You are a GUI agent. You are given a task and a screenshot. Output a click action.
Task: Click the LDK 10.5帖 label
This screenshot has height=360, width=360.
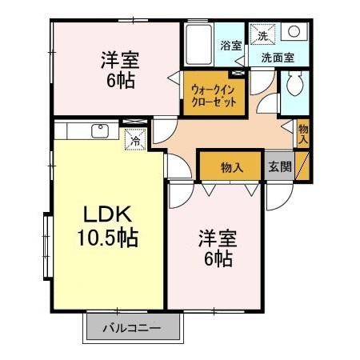click(108, 226)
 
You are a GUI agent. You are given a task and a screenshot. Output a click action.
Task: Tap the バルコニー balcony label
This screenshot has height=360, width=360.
click(132, 328)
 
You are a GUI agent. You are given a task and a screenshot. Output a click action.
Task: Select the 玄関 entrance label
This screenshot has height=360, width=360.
click(280, 166)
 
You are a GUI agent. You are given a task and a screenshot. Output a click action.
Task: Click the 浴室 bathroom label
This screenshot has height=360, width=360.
click(231, 46)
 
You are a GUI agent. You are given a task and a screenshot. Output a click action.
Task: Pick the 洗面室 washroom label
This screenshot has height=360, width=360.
click(278, 58)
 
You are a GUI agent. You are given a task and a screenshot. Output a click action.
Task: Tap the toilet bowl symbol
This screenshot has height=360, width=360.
click(294, 84)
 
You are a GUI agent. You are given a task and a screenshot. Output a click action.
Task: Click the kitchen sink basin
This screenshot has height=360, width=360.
click(100, 131)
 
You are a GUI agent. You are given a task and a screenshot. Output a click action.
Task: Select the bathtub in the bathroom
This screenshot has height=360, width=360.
click(199, 45)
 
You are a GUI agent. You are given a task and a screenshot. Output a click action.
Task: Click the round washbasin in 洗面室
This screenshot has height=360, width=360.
click(294, 31)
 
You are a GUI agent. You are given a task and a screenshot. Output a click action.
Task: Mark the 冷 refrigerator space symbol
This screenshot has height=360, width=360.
click(136, 139)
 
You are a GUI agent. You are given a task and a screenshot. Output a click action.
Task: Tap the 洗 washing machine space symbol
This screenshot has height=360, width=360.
click(262, 35)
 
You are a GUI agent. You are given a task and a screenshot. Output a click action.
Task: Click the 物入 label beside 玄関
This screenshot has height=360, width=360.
click(232, 168)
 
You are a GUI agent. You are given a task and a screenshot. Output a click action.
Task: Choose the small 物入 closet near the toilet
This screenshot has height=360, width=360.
click(303, 134)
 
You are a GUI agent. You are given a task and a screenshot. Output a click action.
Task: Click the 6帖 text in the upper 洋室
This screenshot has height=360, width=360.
click(121, 80)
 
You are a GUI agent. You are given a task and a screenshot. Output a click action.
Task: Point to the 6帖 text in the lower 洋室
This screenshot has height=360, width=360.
click(218, 258)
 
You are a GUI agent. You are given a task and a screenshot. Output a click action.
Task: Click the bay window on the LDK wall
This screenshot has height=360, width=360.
click(48, 246)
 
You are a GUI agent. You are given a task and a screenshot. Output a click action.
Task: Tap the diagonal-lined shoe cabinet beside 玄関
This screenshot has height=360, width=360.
click(302, 166)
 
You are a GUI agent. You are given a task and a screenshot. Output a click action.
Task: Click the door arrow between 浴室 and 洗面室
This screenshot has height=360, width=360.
click(241, 62)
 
